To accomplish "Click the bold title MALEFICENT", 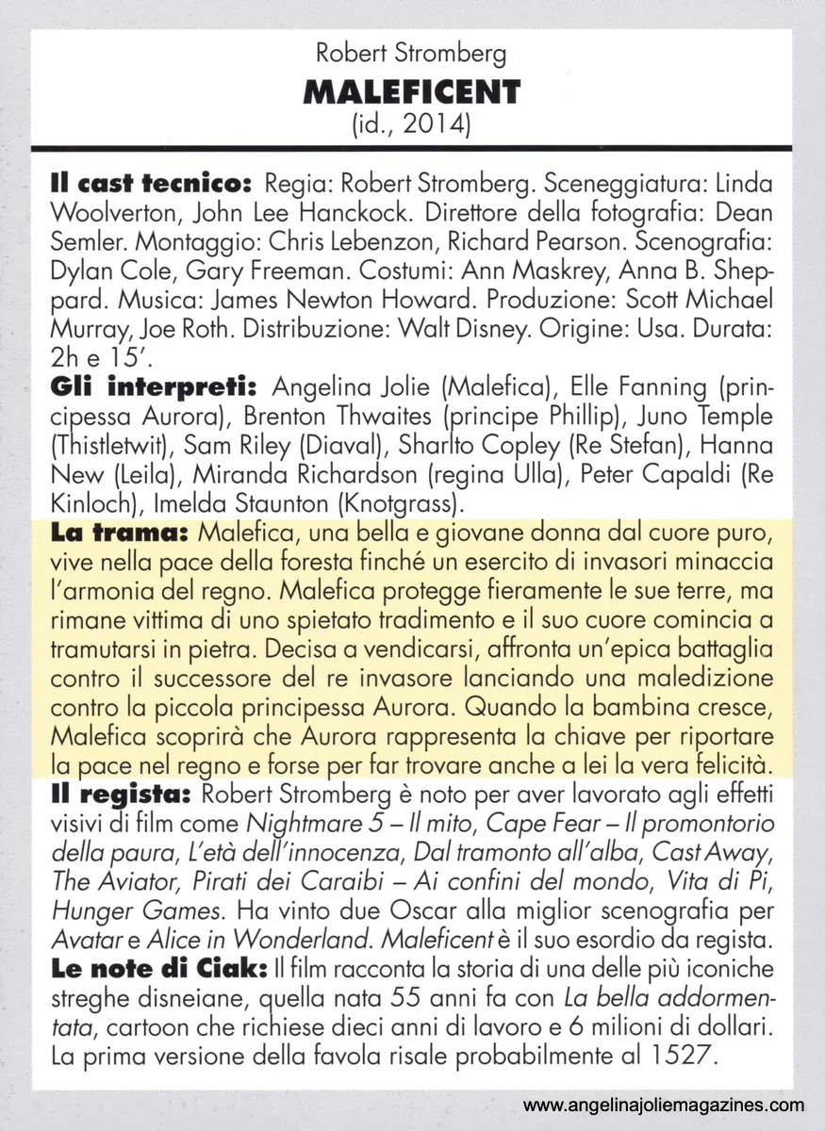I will coord(412,92).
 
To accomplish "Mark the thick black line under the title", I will coord(412,148).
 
